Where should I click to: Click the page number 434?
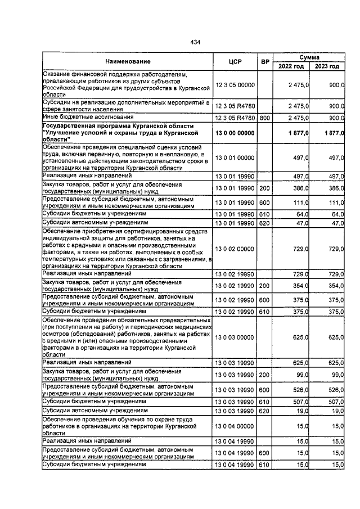195,42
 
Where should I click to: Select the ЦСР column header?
235,61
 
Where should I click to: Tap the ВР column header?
264,61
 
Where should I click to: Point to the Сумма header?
309,57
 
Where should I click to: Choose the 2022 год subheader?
291,66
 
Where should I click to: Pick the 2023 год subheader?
327,66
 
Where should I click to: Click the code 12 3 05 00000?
235,84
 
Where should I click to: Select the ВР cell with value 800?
264,118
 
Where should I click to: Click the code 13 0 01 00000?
235,159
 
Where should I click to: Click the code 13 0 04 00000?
235,427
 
